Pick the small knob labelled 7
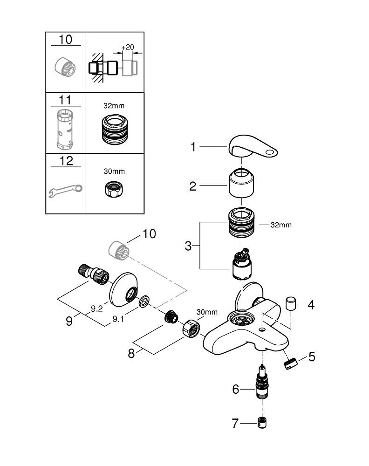tap(263, 423)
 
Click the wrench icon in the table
tap(65, 189)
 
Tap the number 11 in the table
tap(65, 99)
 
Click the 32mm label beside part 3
tap(281, 225)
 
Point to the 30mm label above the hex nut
tap(207, 312)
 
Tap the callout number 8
tap(131, 353)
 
